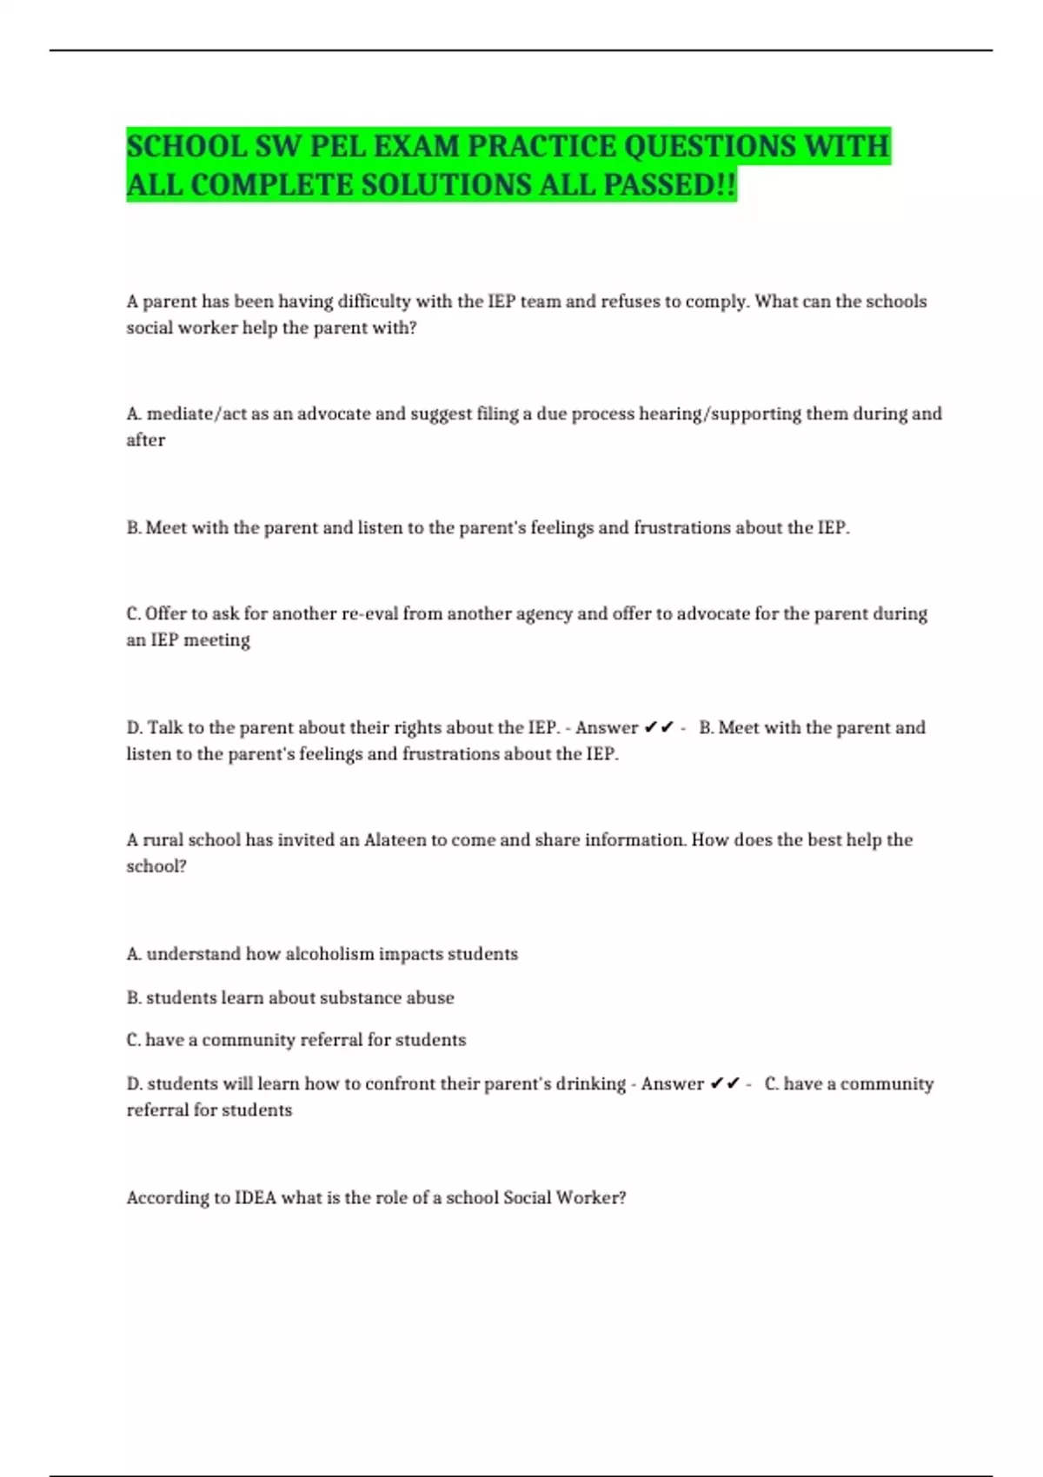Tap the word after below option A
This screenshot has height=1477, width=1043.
coord(145,440)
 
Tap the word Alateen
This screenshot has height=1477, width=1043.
coord(395,840)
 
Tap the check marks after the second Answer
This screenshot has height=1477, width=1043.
coord(725,1083)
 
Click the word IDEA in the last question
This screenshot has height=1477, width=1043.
coord(256,1197)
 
